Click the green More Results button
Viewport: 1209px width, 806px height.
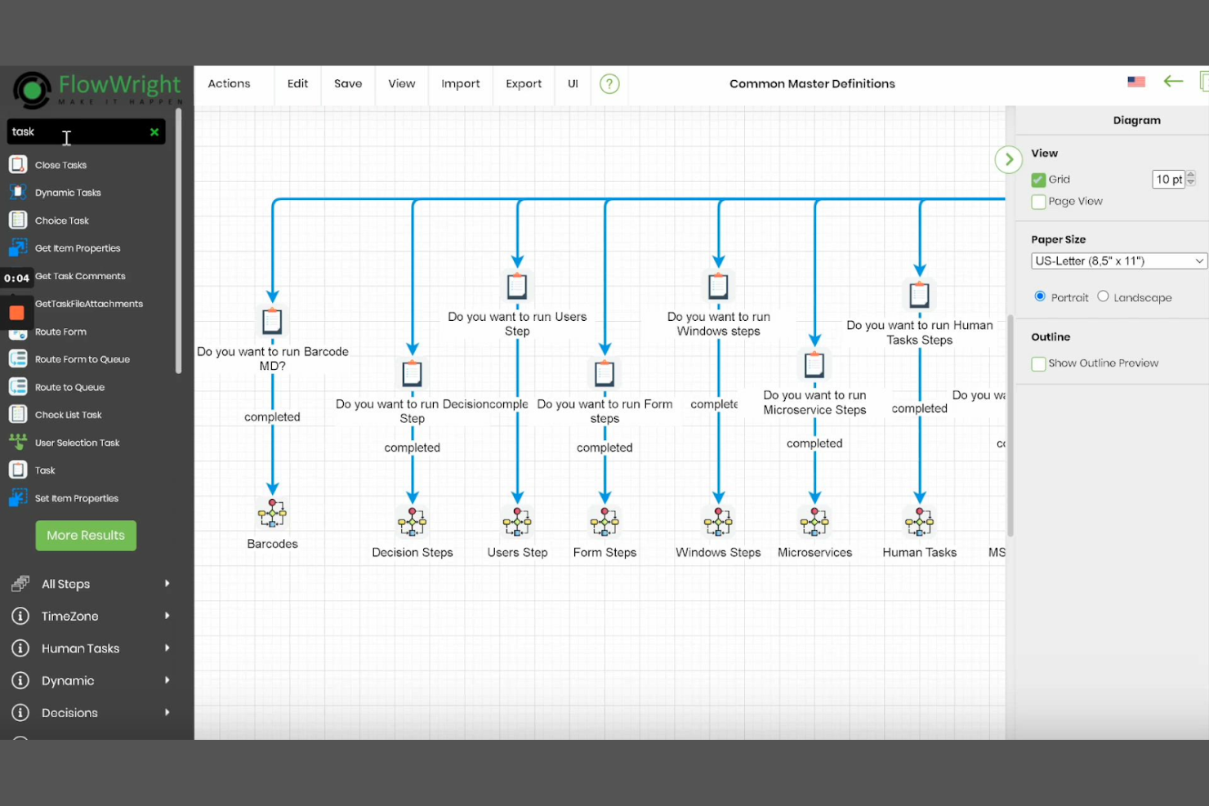point(86,536)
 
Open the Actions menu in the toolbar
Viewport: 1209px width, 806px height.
point(229,83)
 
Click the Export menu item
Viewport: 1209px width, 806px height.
point(523,83)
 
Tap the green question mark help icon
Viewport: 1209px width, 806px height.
point(609,84)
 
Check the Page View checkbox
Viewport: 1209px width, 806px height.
point(1038,202)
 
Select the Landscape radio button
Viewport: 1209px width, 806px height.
point(1103,296)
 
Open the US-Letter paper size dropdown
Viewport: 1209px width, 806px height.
point(1118,261)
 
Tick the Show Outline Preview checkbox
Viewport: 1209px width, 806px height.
point(1038,363)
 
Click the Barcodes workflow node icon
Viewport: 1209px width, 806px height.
point(272,514)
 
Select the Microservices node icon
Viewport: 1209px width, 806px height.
point(814,522)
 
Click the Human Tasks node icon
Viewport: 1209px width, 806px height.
point(919,522)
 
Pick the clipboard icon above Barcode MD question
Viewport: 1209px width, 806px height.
point(272,322)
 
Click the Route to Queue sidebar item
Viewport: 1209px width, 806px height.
point(69,387)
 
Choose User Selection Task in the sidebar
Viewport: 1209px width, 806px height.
point(77,443)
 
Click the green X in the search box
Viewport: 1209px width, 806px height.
point(154,132)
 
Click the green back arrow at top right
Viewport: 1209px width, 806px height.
point(1173,81)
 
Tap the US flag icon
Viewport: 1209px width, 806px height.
point(1135,82)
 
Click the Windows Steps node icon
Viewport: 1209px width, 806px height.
point(718,522)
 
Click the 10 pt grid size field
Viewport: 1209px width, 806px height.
point(1167,180)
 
